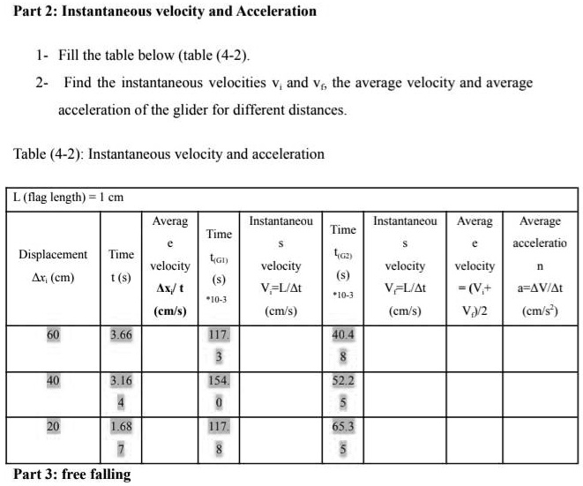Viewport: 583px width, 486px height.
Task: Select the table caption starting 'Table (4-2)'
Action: pyautogui.click(x=168, y=153)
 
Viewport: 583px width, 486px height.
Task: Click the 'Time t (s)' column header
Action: pyautogui.click(x=122, y=265)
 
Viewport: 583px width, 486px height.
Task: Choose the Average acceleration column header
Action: pyautogui.click(x=540, y=265)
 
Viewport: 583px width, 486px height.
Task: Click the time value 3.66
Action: pyautogui.click(x=122, y=335)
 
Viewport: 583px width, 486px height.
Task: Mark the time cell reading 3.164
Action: pyautogui.click(x=122, y=391)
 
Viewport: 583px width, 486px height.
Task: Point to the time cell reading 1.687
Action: pyautogui.click(x=122, y=436)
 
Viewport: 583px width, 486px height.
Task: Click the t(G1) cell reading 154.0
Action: pyautogui.click(x=218, y=391)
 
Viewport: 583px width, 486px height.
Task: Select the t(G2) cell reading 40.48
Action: pyautogui.click(x=343, y=346)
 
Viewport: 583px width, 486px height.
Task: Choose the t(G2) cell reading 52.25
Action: pyautogui.click(x=343, y=391)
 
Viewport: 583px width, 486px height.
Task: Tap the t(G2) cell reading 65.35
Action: pyautogui.click(x=343, y=436)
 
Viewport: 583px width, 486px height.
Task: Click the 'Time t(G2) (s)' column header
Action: pyautogui.click(x=343, y=259)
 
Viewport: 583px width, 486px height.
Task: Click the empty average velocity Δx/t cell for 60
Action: pyautogui.click(x=169, y=348)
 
